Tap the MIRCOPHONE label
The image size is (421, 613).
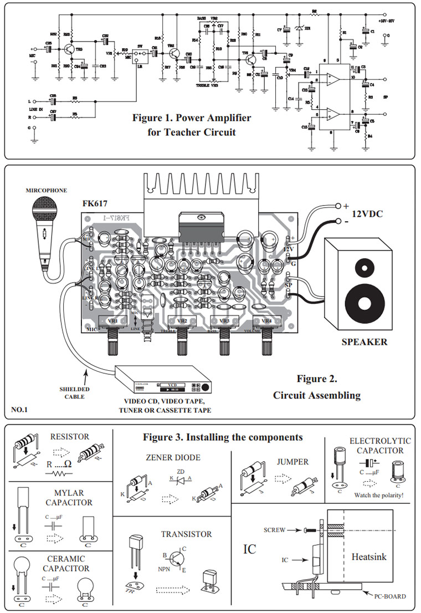(x=46, y=191)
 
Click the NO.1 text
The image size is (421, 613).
(x=20, y=411)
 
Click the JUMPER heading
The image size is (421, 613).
(x=294, y=461)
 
